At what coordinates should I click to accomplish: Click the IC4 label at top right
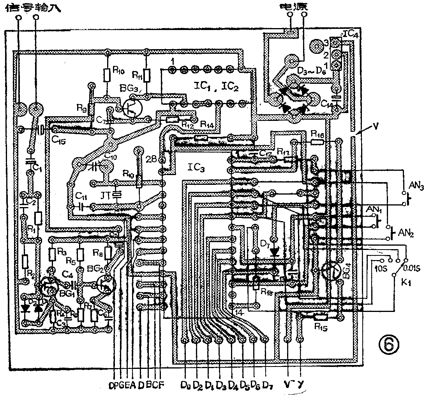point(351,34)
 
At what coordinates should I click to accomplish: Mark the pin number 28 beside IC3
point(152,159)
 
